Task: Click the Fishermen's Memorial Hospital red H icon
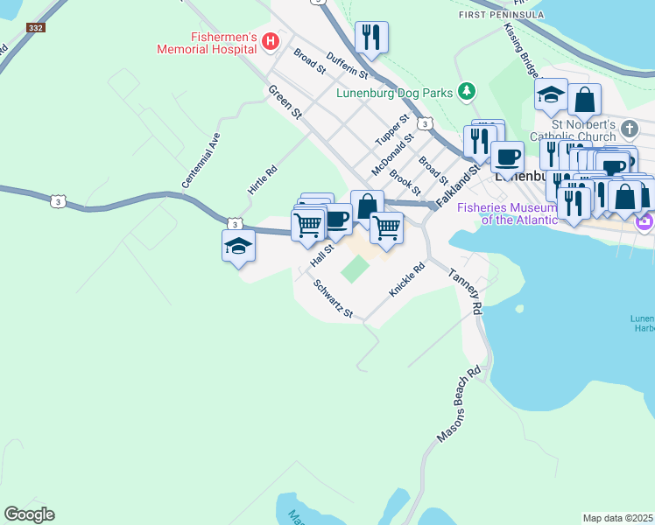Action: pyautogui.click(x=271, y=40)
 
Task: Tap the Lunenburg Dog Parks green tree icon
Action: pyautogui.click(x=468, y=91)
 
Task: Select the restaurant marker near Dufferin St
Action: pyautogui.click(x=371, y=38)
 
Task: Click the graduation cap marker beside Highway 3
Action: pyautogui.click(x=238, y=245)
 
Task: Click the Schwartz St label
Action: pyautogui.click(x=334, y=300)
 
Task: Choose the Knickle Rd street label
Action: pyautogui.click(x=407, y=278)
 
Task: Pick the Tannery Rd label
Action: pyautogui.click(x=464, y=291)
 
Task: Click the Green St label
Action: pyautogui.click(x=285, y=102)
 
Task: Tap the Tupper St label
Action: pyautogui.click(x=391, y=130)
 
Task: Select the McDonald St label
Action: pyautogui.click(x=393, y=152)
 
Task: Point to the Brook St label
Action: pyautogui.click(x=405, y=182)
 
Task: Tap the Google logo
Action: pyautogui.click(x=29, y=514)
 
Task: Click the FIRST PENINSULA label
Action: pyautogui.click(x=502, y=15)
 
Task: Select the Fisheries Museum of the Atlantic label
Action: pyautogui.click(x=508, y=213)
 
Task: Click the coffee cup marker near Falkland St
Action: pyautogui.click(x=506, y=158)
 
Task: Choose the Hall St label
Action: pyautogui.click(x=322, y=255)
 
